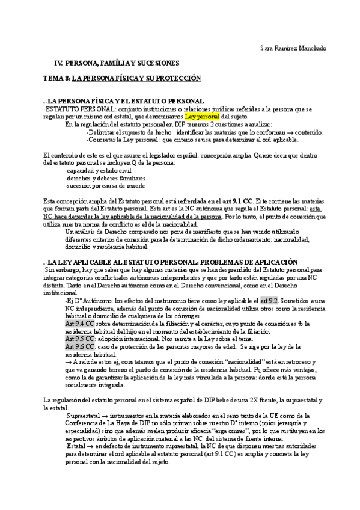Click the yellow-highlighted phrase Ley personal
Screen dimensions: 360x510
click(203, 116)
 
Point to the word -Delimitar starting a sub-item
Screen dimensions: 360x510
click(101, 132)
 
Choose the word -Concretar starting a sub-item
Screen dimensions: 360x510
click(102, 140)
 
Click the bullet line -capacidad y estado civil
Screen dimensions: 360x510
click(98, 170)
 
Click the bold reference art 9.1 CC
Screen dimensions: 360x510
click(238, 201)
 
